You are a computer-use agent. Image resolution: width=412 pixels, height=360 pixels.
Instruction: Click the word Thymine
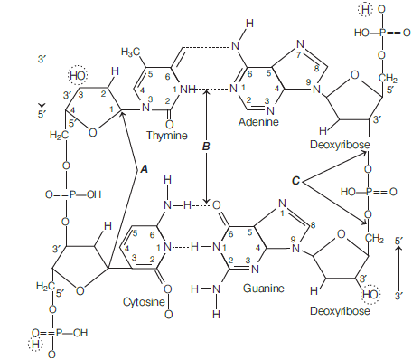point(167,136)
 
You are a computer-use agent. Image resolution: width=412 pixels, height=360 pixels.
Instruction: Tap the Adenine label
point(258,122)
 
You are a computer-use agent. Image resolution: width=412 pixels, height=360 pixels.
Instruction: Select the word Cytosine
point(144,302)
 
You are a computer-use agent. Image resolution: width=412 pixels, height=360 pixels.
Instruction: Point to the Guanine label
point(264,289)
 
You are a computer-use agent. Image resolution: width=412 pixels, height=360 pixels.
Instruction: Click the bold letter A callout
point(145,169)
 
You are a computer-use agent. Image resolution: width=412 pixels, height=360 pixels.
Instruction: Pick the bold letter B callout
point(206,147)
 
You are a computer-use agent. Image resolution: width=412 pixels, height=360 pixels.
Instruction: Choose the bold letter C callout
point(296,181)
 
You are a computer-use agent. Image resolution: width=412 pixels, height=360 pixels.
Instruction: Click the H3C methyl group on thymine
point(131,52)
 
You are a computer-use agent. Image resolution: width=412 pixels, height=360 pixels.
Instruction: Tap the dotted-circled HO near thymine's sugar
point(78,75)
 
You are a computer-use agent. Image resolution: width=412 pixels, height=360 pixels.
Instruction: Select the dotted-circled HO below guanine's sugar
point(370,294)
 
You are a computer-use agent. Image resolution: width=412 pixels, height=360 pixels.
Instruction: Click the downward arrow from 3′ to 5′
point(42,85)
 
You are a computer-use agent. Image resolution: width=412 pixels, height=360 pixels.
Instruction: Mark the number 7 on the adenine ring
point(299,55)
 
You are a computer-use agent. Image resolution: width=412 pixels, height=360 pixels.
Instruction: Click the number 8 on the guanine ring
point(313,225)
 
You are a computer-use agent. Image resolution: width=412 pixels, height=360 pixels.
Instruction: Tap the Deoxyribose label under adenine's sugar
point(340,145)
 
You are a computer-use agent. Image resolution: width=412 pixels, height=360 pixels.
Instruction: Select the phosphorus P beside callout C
point(368,192)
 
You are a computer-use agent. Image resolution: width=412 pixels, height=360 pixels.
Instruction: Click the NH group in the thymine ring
point(187,90)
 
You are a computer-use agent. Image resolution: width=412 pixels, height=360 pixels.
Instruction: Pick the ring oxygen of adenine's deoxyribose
point(355,75)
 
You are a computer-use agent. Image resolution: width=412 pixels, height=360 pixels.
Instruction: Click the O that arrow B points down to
point(217,205)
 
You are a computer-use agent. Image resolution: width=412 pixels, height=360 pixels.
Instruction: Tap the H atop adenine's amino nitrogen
point(249,24)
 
